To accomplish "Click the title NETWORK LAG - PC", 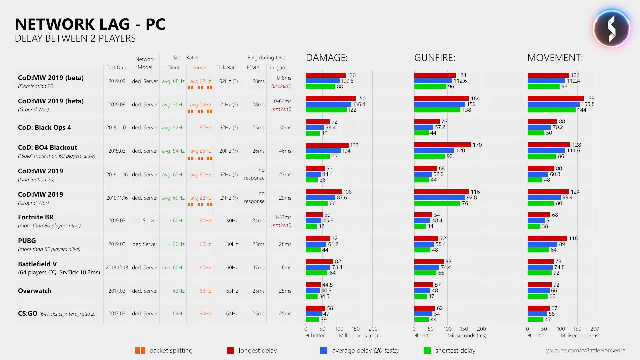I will (x=90, y=24).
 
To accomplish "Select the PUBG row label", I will (x=27, y=241).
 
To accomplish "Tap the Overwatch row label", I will (x=35, y=291).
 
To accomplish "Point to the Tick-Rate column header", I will (x=227, y=67).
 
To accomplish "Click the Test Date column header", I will (x=117, y=67).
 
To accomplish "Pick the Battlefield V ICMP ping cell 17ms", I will (x=259, y=267).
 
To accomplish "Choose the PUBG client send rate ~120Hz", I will (x=176, y=244).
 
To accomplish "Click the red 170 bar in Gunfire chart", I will (x=442, y=145).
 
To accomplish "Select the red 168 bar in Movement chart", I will (x=555, y=98).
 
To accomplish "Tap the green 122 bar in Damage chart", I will (x=326, y=110).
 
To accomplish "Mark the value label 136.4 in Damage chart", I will (x=359, y=104).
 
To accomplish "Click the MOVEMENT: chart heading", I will (x=555, y=58).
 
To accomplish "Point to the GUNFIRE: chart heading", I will (x=435, y=58).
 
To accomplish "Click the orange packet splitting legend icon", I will (x=140, y=350).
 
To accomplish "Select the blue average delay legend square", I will (x=324, y=350).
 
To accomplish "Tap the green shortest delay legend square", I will (x=427, y=350).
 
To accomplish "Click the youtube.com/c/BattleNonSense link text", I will (x=585, y=350).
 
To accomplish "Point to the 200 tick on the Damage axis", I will (x=373, y=329).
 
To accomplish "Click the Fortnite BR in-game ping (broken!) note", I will (x=281, y=225).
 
